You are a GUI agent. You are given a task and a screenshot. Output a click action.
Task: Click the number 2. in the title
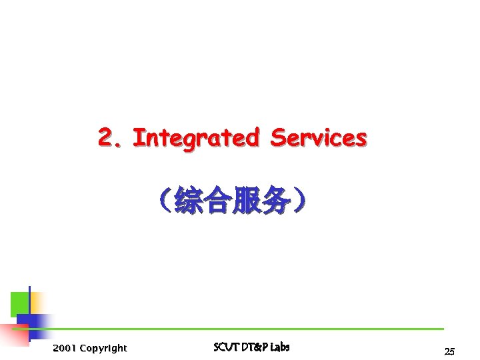pos(111,138)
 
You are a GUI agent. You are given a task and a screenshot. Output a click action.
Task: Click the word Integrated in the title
pos(195,138)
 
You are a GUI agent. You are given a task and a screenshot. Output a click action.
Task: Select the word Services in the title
pos(318,138)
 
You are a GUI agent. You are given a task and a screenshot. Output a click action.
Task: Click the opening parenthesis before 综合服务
pos(165,201)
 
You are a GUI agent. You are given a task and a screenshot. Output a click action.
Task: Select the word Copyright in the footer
pos(103,348)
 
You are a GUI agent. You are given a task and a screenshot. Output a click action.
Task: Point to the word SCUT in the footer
pos(224,347)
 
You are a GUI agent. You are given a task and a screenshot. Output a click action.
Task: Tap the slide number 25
pos(449,351)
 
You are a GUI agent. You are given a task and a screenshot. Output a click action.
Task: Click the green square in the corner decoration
pos(19,303)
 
